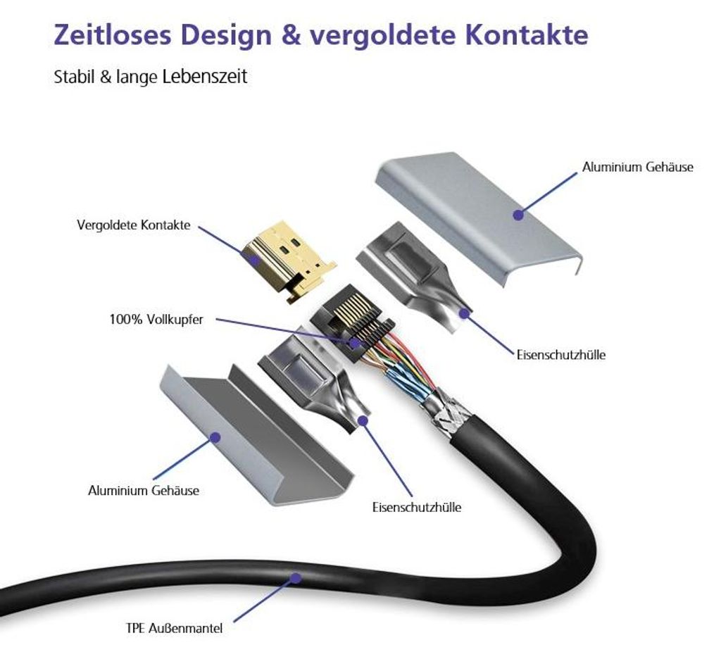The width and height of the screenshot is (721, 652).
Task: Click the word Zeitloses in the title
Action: (x=113, y=35)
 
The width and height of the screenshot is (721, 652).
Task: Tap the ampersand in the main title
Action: (x=291, y=35)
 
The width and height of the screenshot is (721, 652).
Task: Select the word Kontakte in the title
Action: (x=527, y=35)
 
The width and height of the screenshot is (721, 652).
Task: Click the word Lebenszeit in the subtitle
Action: (x=205, y=76)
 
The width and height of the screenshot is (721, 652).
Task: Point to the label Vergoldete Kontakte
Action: (x=133, y=225)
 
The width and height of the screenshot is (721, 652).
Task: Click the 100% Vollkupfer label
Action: (x=156, y=319)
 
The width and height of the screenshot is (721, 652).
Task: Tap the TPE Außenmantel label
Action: (x=175, y=628)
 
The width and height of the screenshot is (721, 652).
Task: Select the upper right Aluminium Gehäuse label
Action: (x=638, y=166)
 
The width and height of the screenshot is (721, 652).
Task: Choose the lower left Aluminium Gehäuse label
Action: (x=144, y=490)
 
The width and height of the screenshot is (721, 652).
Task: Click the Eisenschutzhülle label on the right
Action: (x=561, y=354)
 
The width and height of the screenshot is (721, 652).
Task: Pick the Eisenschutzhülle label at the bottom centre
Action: (x=417, y=507)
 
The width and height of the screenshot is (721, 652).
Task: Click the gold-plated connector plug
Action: (x=288, y=262)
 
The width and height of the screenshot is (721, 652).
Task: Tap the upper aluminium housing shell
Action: (x=478, y=216)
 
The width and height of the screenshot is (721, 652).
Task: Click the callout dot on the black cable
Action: (x=296, y=577)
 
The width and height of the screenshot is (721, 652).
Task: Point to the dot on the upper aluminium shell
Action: (x=518, y=215)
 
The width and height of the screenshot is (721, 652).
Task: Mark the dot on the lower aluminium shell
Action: (x=215, y=437)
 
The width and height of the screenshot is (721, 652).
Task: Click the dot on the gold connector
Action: (x=253, y=259)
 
